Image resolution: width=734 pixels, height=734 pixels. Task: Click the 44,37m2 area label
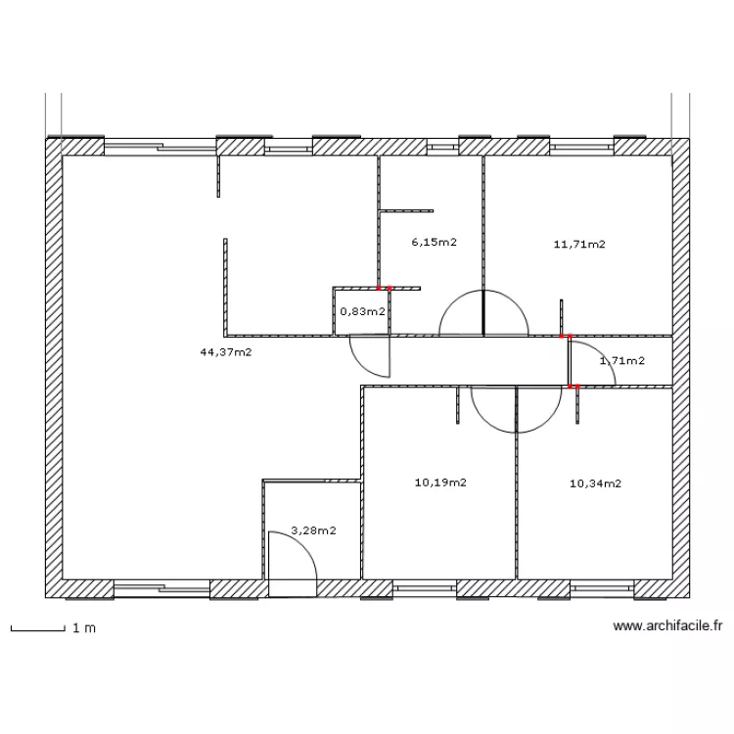[x=225, y=351]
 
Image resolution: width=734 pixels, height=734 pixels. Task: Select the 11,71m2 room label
[x=579, y=245]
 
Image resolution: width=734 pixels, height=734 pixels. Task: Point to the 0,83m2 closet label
[x=361, y=311]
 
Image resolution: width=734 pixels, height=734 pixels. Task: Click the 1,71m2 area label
[x=621, y=361]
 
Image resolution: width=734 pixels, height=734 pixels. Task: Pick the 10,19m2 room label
[x=440, y=482]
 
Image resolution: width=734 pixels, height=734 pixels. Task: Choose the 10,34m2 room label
[x=596, y=482]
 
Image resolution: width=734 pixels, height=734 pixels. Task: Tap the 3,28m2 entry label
[x=314, y=530]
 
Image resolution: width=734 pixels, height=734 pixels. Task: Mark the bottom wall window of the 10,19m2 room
[x=426, y=588]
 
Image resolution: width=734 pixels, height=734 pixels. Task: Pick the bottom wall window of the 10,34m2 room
[x=603, y=588]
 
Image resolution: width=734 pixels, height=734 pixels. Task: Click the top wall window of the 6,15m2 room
[x=442, y=147]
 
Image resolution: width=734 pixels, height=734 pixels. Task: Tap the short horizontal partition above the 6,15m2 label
[x=406, y=209]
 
